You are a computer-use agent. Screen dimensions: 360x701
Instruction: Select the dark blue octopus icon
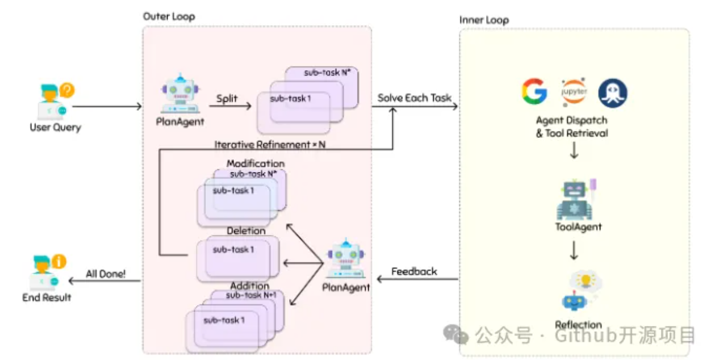[x=613, y=93]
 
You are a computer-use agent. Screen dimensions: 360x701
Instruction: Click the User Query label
[x=55, y=127]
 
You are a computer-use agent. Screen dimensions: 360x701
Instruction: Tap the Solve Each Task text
[x=414, y=98]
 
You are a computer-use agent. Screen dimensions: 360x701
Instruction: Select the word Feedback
[x=414, y=271]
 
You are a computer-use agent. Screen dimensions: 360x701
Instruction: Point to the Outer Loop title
[x=169, y=16]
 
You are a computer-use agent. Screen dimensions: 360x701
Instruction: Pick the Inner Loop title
[x=484, y=20]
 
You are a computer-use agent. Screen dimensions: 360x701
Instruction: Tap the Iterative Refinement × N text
[x=270, y=144]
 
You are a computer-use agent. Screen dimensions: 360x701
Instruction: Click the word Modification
[x=256, y=164]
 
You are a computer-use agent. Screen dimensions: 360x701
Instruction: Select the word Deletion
[x=246, y=231]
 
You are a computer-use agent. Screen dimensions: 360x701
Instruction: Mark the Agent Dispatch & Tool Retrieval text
[x=572, y=126]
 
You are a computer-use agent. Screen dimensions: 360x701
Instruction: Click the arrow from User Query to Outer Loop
[x=107, y=107]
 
